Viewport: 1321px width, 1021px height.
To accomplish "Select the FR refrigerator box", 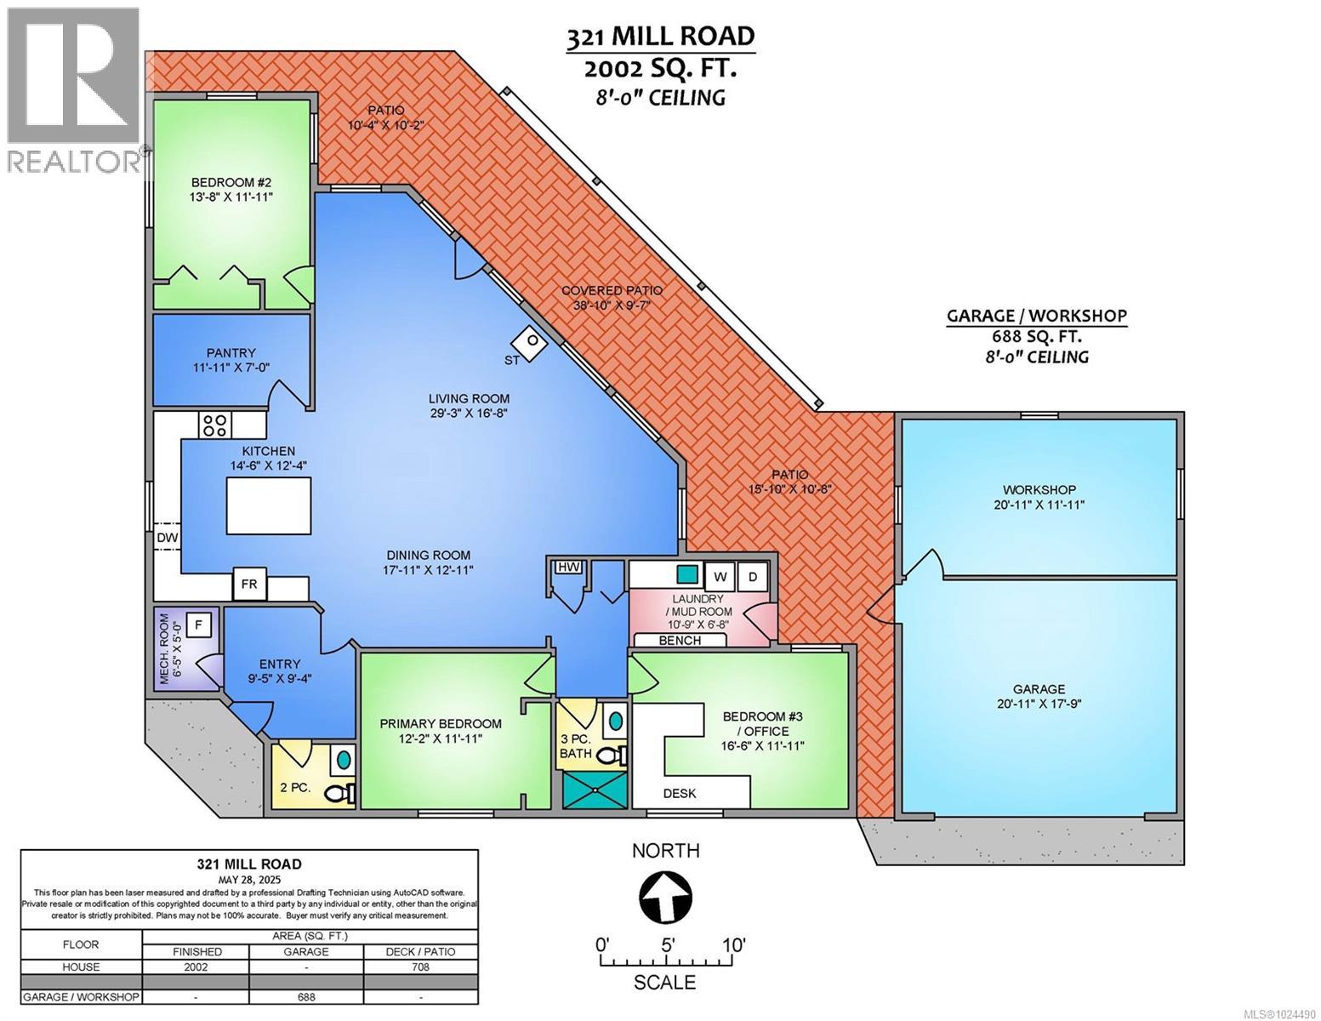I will pos(249,585).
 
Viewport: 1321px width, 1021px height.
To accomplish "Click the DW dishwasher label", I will pos(167,538).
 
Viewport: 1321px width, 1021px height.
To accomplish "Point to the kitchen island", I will pos(268,505).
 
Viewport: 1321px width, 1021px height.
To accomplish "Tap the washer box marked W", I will pos(720,577).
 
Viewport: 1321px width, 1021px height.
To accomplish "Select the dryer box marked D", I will pos(752,577).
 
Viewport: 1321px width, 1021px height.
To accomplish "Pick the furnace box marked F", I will pos(198,625).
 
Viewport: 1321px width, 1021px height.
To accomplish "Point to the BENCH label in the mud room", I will pos(680,641).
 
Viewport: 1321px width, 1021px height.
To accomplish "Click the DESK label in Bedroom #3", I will pos(679,794).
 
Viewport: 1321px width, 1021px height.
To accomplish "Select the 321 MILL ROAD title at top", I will pos(659,37).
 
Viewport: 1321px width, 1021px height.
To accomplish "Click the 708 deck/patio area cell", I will pos(420,967).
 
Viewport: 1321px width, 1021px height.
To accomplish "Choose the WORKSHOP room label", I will pos(1039,490).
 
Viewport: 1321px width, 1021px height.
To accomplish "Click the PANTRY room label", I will pos(231,352).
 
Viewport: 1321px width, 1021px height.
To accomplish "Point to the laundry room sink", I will pos(687,574).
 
